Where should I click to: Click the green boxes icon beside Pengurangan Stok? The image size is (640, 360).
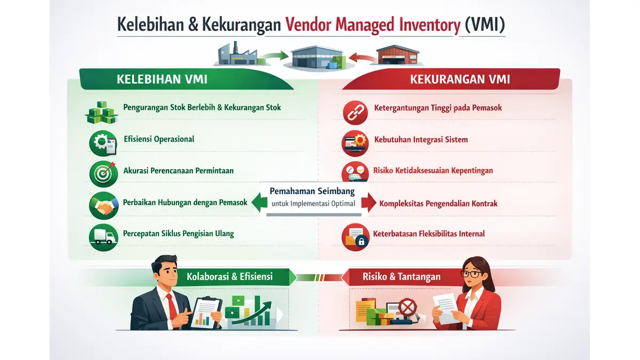(101, 111)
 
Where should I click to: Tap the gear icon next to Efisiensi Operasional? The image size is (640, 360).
(99, 142)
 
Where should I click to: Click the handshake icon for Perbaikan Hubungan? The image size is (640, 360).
(103, 205)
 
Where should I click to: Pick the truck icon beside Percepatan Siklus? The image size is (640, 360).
(103, 235)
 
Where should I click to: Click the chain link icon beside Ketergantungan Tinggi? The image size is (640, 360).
(355, 111)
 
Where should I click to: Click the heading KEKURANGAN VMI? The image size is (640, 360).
(460, 80)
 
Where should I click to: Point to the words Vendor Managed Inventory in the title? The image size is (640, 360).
(372, 25)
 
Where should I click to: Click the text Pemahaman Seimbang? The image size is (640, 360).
(312, 190)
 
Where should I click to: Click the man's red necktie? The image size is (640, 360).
(172, 304)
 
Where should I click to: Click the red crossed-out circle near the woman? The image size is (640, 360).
(409, 308)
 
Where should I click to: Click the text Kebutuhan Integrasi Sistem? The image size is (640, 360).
(421, 140)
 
